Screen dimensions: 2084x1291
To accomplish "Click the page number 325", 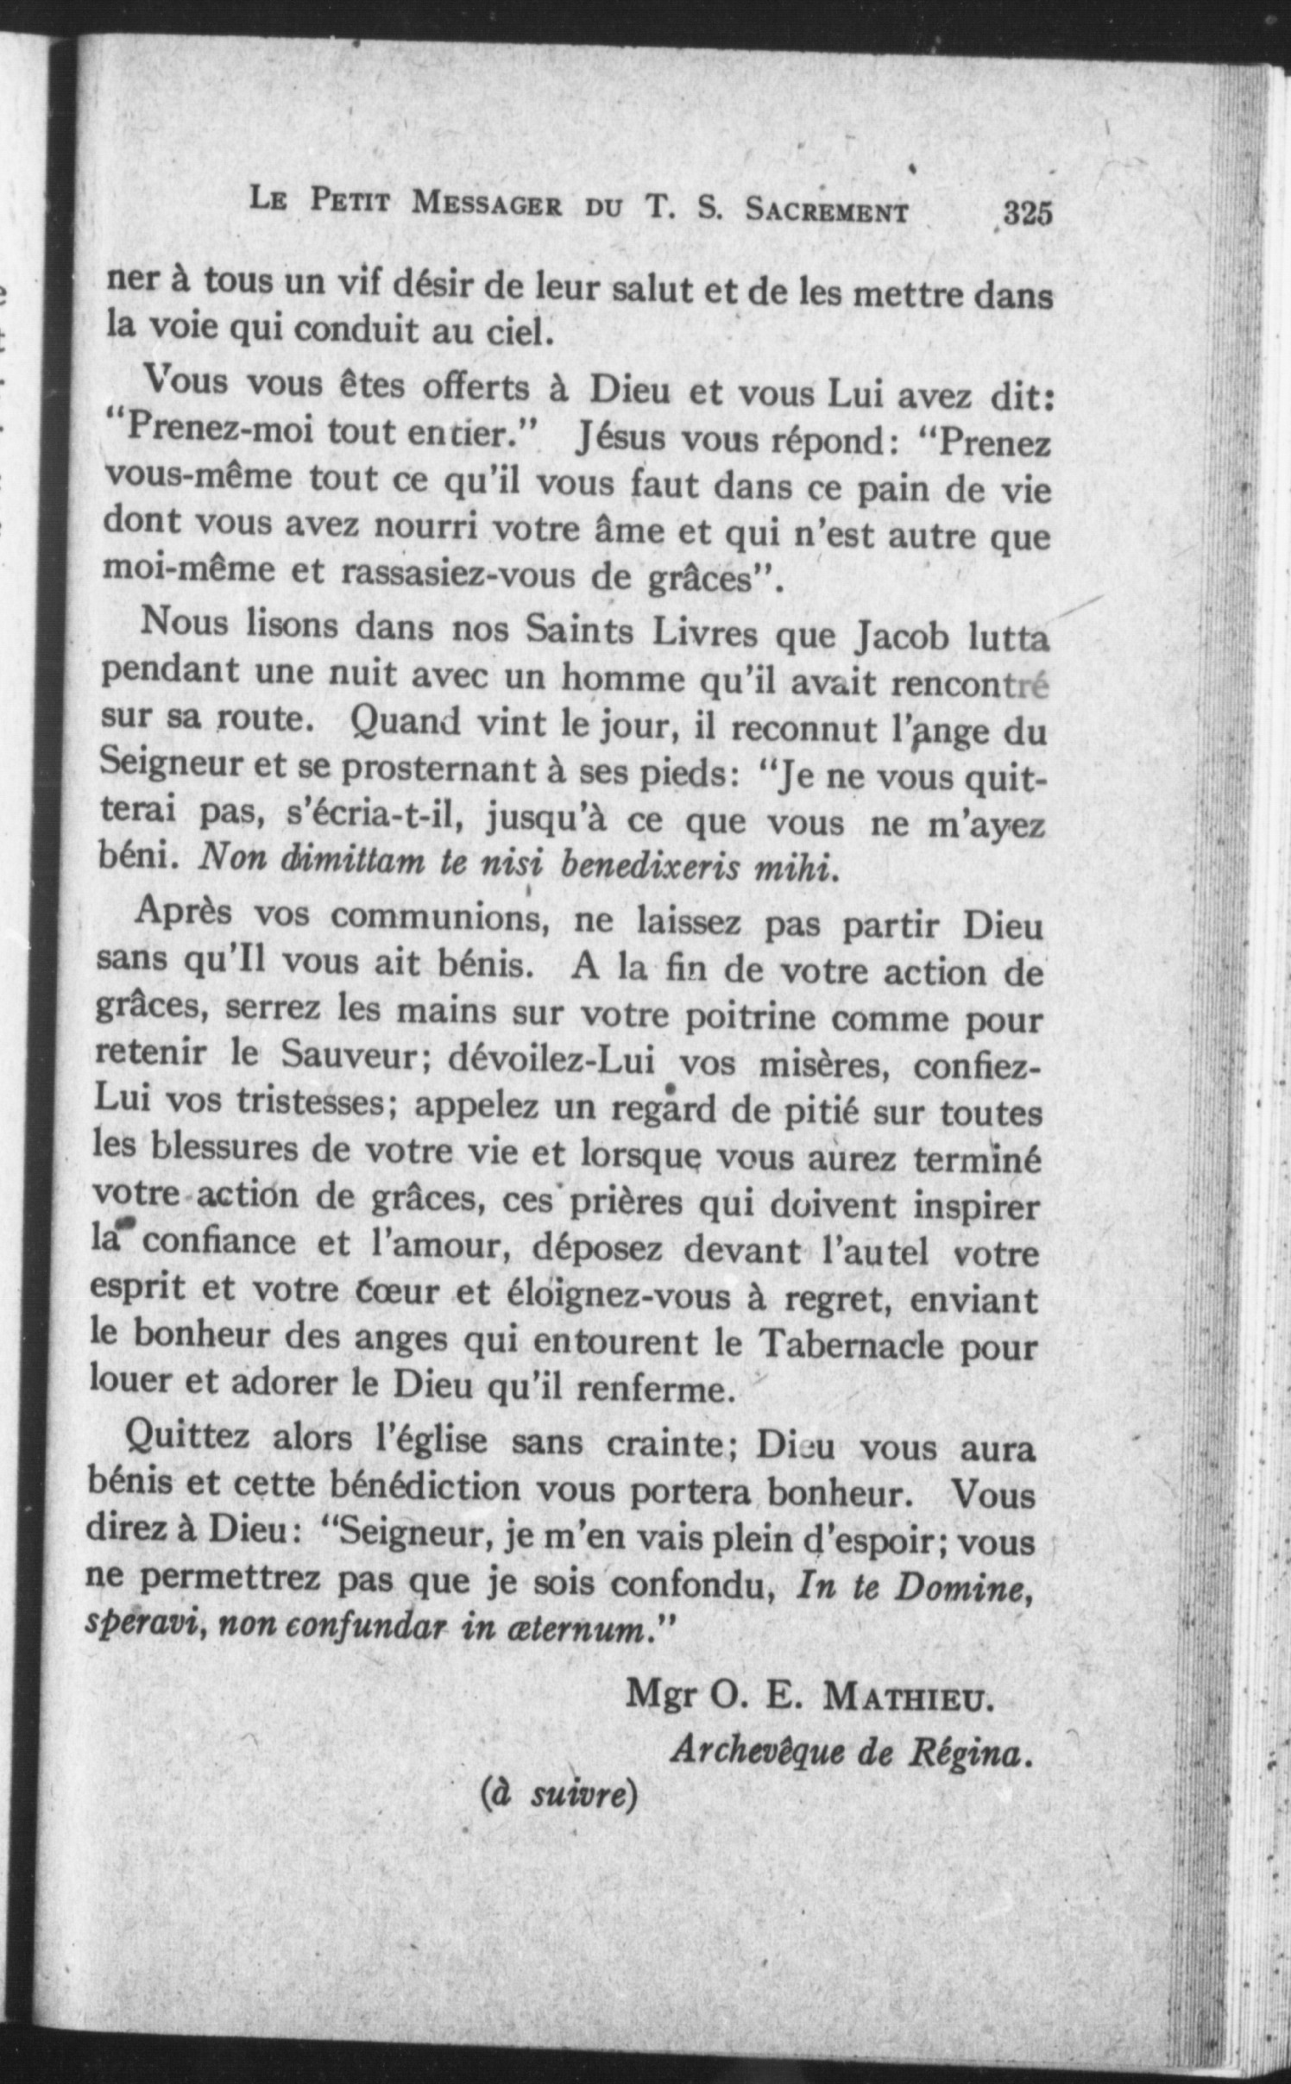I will click(x=1028, y=213).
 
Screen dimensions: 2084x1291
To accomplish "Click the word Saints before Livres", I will click(x=578, y=631).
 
